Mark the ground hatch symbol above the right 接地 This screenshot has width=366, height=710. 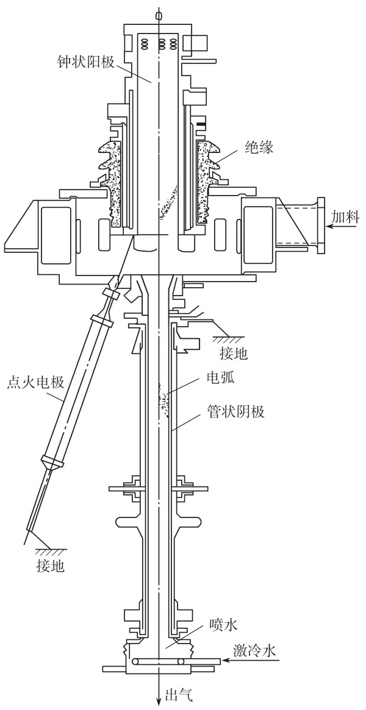click(x=226, y=337)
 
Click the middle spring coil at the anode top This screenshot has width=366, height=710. click(x=163, y=43)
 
